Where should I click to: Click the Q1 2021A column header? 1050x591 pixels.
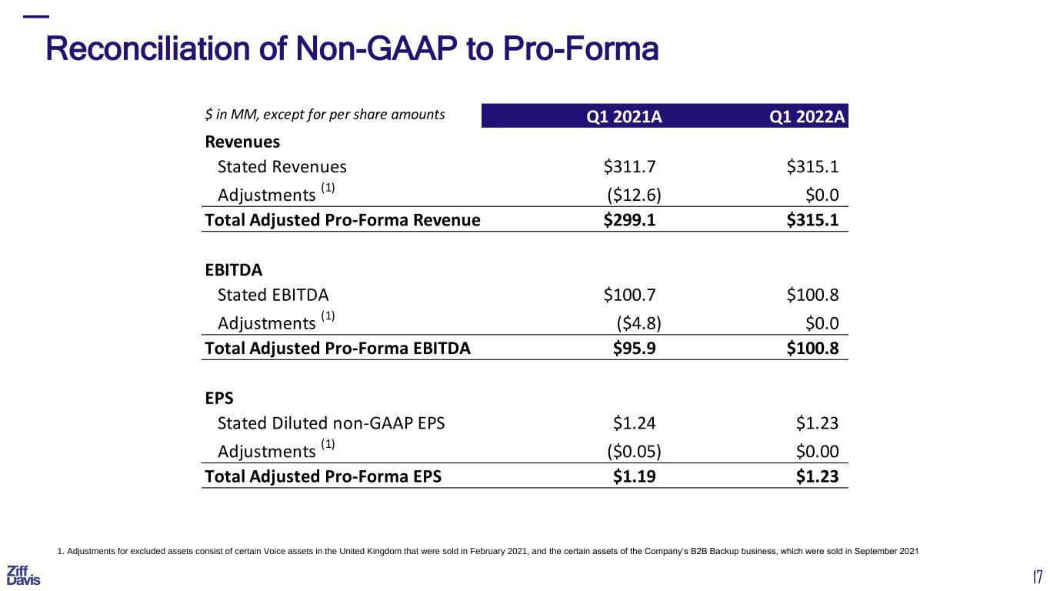click(x=624, y=116)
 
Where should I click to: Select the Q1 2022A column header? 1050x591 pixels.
click(x=807, y=116)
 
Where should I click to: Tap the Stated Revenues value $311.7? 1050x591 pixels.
click(x=629, y=166)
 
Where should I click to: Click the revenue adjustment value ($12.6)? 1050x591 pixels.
click(x=634, y=195)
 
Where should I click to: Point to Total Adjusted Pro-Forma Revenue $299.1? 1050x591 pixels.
click(x=629, y=220)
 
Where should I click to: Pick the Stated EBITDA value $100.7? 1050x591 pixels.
click(x=629, y=295)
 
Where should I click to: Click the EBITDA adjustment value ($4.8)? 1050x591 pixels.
click(x=638, y=323)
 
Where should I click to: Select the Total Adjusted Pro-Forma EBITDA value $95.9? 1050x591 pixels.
click(x=634, y=348)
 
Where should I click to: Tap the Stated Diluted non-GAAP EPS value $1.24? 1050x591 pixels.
click(x=634, y=423)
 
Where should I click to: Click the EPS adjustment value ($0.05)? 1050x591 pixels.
click(x=634, y=451)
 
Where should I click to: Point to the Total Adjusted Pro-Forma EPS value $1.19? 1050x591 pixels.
click(x=634, y=476)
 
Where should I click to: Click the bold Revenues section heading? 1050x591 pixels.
click(x=242, y=142)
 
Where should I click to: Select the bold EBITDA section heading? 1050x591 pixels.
click(x=233, y=270)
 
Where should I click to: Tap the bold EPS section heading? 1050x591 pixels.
click(x=219, y=398)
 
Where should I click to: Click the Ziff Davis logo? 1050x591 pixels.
click(x=23, y=576)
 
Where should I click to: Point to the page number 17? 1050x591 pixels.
click(x=1038, y=576)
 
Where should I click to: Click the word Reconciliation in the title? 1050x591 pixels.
click(x=148, y=48)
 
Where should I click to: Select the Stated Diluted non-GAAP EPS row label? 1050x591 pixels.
click(x=331, y=423)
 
